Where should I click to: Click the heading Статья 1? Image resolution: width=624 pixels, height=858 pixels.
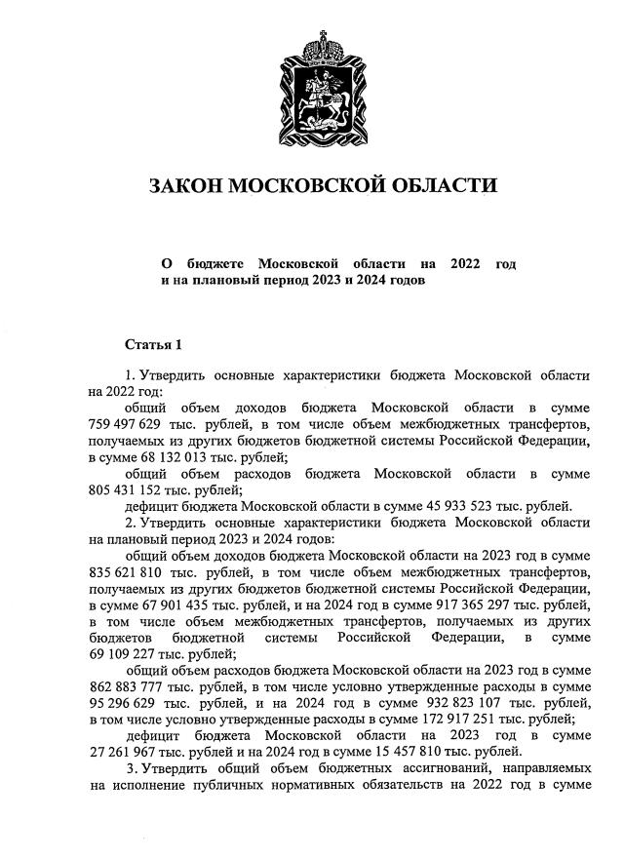tap(153, 344)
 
